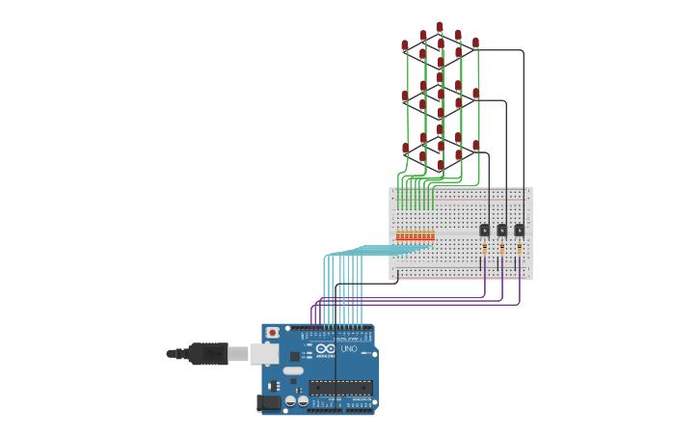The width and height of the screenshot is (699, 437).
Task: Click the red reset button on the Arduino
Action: pos(272,333)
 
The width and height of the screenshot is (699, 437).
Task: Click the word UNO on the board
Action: pos(348,348)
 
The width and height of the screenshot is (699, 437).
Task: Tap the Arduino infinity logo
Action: pos(326,348)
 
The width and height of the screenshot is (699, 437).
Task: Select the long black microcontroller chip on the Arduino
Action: pos(340,388)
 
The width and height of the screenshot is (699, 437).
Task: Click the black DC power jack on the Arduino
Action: pos(271,402)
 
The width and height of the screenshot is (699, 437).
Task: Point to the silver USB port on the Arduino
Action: pos(264,354)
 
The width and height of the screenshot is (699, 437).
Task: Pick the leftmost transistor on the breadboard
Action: pos(484,230)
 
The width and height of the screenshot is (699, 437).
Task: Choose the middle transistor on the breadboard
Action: pos(501,230)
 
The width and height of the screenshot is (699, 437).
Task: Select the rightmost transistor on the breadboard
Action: pos(519,230)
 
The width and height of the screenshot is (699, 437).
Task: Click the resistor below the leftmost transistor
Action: pos(484,249)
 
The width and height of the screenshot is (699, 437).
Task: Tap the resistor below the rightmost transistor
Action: pos(519,249)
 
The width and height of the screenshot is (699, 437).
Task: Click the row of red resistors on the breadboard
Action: pos(415,235)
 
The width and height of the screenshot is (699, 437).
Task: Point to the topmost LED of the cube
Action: pos(440,27)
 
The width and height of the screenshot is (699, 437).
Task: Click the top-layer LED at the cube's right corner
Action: pos(475,43)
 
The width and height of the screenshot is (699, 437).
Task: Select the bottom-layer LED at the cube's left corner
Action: pos(405,149)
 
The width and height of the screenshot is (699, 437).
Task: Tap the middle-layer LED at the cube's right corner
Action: pos(475,94)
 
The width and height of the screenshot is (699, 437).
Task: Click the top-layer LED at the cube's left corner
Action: pos(405,45)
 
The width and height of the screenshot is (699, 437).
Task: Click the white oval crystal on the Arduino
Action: pos(293,370)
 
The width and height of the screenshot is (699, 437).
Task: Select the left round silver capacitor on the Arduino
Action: pos(290,400)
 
